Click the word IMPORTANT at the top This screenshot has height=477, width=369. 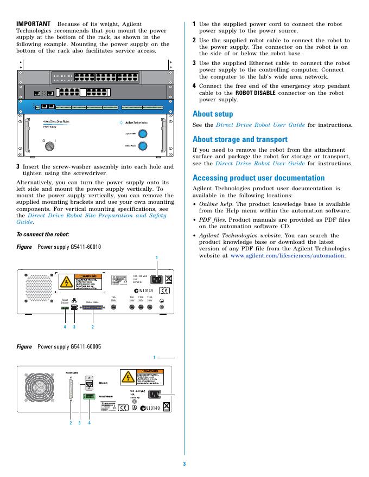(x=34, y=24)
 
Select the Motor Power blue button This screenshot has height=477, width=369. (x=143, y=146)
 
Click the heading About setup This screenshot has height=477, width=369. (x=213, y=114)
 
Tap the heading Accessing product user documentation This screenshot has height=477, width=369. (x=258, y=178)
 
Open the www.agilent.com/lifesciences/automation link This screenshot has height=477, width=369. (x=288, y=255)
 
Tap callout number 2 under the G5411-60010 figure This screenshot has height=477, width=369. (x=93, y=327)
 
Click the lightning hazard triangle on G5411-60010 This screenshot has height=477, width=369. (x=66, y=282)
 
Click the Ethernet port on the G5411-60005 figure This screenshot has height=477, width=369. (x=90, y=385)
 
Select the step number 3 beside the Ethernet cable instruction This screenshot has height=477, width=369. (x=194, y=63)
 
